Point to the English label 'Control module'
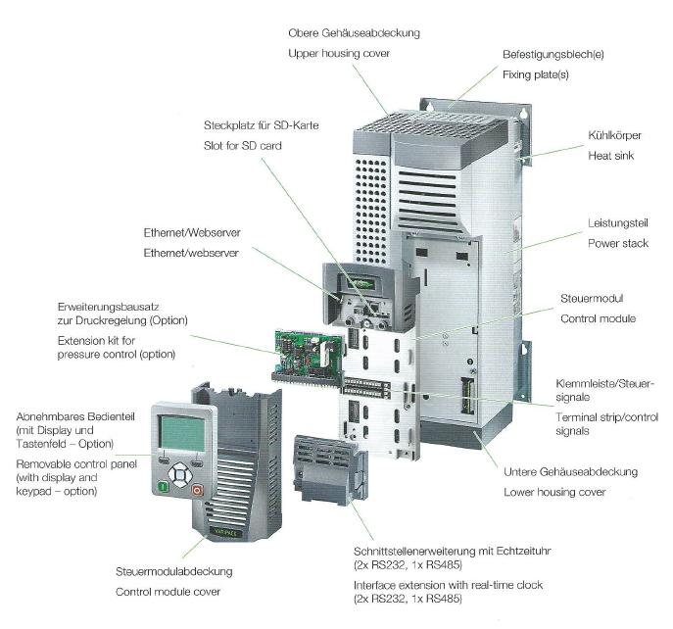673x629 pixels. (598, 319)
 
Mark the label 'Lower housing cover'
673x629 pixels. (553, 491)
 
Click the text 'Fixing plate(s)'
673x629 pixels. (539, 74)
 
